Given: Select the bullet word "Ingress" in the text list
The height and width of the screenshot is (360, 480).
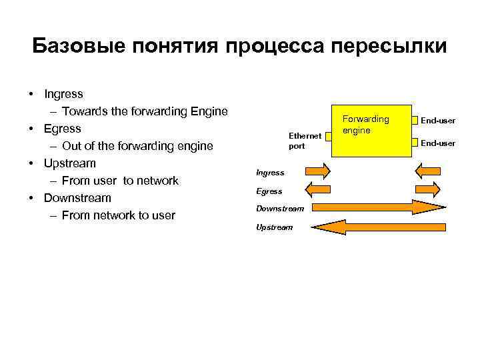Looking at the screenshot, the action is tap(63, 94).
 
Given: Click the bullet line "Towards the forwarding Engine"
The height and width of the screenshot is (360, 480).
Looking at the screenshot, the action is tap(145, 111).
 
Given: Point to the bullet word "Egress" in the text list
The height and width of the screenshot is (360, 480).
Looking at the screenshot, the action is tap(62, 129).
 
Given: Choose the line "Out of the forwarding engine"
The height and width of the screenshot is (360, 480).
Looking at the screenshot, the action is tap(137, 146).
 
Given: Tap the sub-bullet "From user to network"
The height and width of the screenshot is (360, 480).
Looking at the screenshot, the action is tap(120, 181).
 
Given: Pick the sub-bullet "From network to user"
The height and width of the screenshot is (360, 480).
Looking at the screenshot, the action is tap(118, 215).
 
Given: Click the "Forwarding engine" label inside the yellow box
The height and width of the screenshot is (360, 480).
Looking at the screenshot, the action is tap(365, 125).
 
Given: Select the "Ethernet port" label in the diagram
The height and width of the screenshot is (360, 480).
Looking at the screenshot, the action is tap(305, 140).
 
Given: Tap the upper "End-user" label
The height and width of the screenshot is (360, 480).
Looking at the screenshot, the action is tap(438, 121).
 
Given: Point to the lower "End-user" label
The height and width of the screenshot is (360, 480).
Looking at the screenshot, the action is tap(438, 143).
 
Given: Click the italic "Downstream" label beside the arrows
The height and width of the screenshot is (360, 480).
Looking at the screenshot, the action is tap(280, 209).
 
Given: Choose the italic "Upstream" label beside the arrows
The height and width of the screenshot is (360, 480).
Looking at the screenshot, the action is tap(274, 227).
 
